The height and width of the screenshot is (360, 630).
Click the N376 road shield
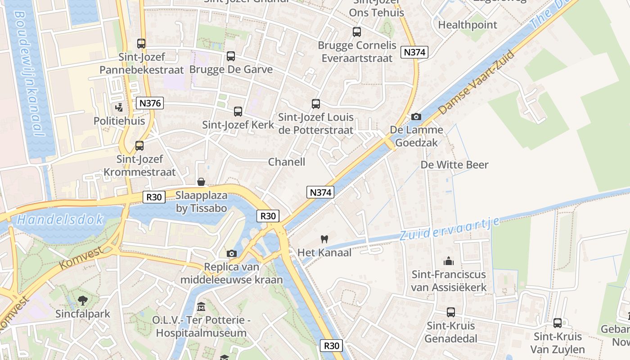point(149,103)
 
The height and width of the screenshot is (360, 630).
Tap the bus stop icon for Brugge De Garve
point(231,56)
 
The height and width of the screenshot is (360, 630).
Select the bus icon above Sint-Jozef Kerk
point(238,111)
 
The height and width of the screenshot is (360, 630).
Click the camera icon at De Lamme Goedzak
point(416,117)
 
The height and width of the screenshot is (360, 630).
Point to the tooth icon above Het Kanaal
point(324,239)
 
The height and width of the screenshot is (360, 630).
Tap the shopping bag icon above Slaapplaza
point(201,182)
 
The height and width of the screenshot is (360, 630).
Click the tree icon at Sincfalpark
point(82,300)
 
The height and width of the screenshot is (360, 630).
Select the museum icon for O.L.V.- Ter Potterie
point(201,307)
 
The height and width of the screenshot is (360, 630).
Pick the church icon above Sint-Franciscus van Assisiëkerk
point(449,261)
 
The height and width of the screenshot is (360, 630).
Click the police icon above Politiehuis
point(119,107)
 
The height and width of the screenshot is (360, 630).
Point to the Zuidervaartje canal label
point(449,229)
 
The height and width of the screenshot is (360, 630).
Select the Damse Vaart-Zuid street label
point(476,82)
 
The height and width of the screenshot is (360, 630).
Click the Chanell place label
point(287,162)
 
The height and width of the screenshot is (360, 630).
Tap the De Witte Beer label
point(454,165)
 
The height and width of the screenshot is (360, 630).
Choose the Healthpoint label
point(468,25)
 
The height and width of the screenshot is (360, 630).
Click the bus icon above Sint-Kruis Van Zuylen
point(558,323)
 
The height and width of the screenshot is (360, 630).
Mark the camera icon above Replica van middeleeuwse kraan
point(232,253)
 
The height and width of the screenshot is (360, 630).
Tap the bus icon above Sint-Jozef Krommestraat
point(139,146)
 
